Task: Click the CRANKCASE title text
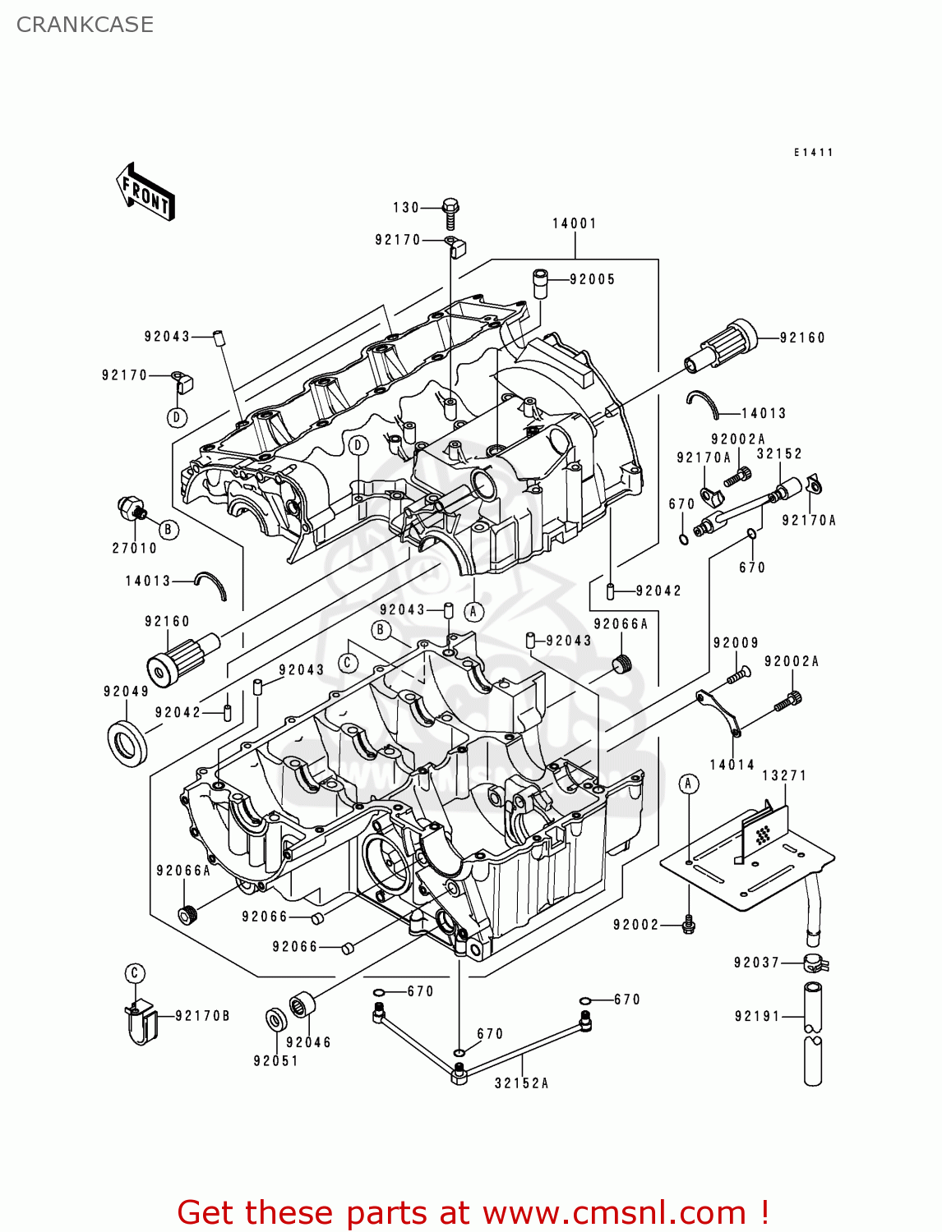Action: click(85, 25)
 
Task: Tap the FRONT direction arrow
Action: click(146, 192)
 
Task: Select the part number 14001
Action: click(574, 223)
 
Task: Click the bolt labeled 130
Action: click(450, 214)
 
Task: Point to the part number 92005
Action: click(592, 279)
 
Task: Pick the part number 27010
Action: click(134, 548)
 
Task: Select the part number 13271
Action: click(784, 775)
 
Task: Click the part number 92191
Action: click(757, 1016)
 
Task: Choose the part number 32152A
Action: click(521, 1083)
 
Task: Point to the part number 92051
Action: click(275, 1060)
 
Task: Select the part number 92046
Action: click(308, 1042)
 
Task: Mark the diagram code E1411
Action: click(813, 153)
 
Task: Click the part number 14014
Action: click(732, 765)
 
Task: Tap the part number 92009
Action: click(736, 643)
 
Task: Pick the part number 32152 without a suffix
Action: click(778, 453)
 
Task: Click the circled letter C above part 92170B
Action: click(135, 973)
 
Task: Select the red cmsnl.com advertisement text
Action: click(473, 1212)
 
